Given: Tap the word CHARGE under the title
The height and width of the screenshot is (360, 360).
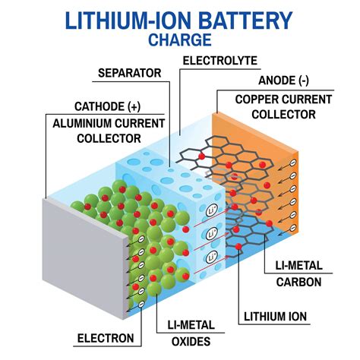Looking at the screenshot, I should click(x=179, y=39).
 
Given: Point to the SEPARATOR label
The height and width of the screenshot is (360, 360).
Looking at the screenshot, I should click(x=130, y=74).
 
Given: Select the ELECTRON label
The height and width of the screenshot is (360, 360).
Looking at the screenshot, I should click(x=106, y=338).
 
